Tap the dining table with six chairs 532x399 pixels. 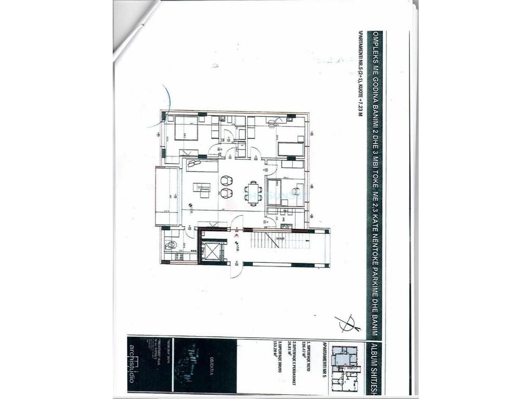tap(254, 193)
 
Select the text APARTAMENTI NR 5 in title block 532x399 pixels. tap(325, 366)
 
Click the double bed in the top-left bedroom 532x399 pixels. tap(185, 128)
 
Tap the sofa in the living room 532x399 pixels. tap(203, 166)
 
